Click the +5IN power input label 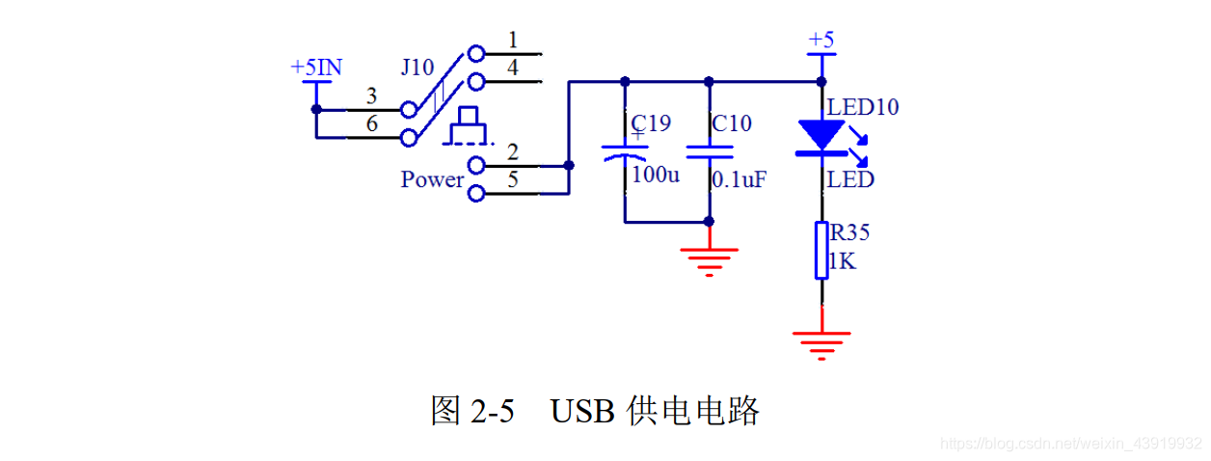coord(315,68)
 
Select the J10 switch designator coord(417,68)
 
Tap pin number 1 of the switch coord(512,41)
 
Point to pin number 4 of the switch coord(512,68)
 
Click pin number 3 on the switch coord(371,96)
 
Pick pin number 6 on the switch coord(371,124)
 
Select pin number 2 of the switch coord(512,152)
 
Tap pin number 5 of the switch coord(512,179)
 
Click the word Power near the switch coord(432,179)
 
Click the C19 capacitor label coord(651,123)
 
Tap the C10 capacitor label coord(731,123)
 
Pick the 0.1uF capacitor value coord(739,179)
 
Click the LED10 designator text coord(863,107)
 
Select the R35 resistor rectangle coord(821,251)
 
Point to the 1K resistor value coord(842,261)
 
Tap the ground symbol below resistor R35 coord(821,343)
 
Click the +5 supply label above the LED coord(821,40)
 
